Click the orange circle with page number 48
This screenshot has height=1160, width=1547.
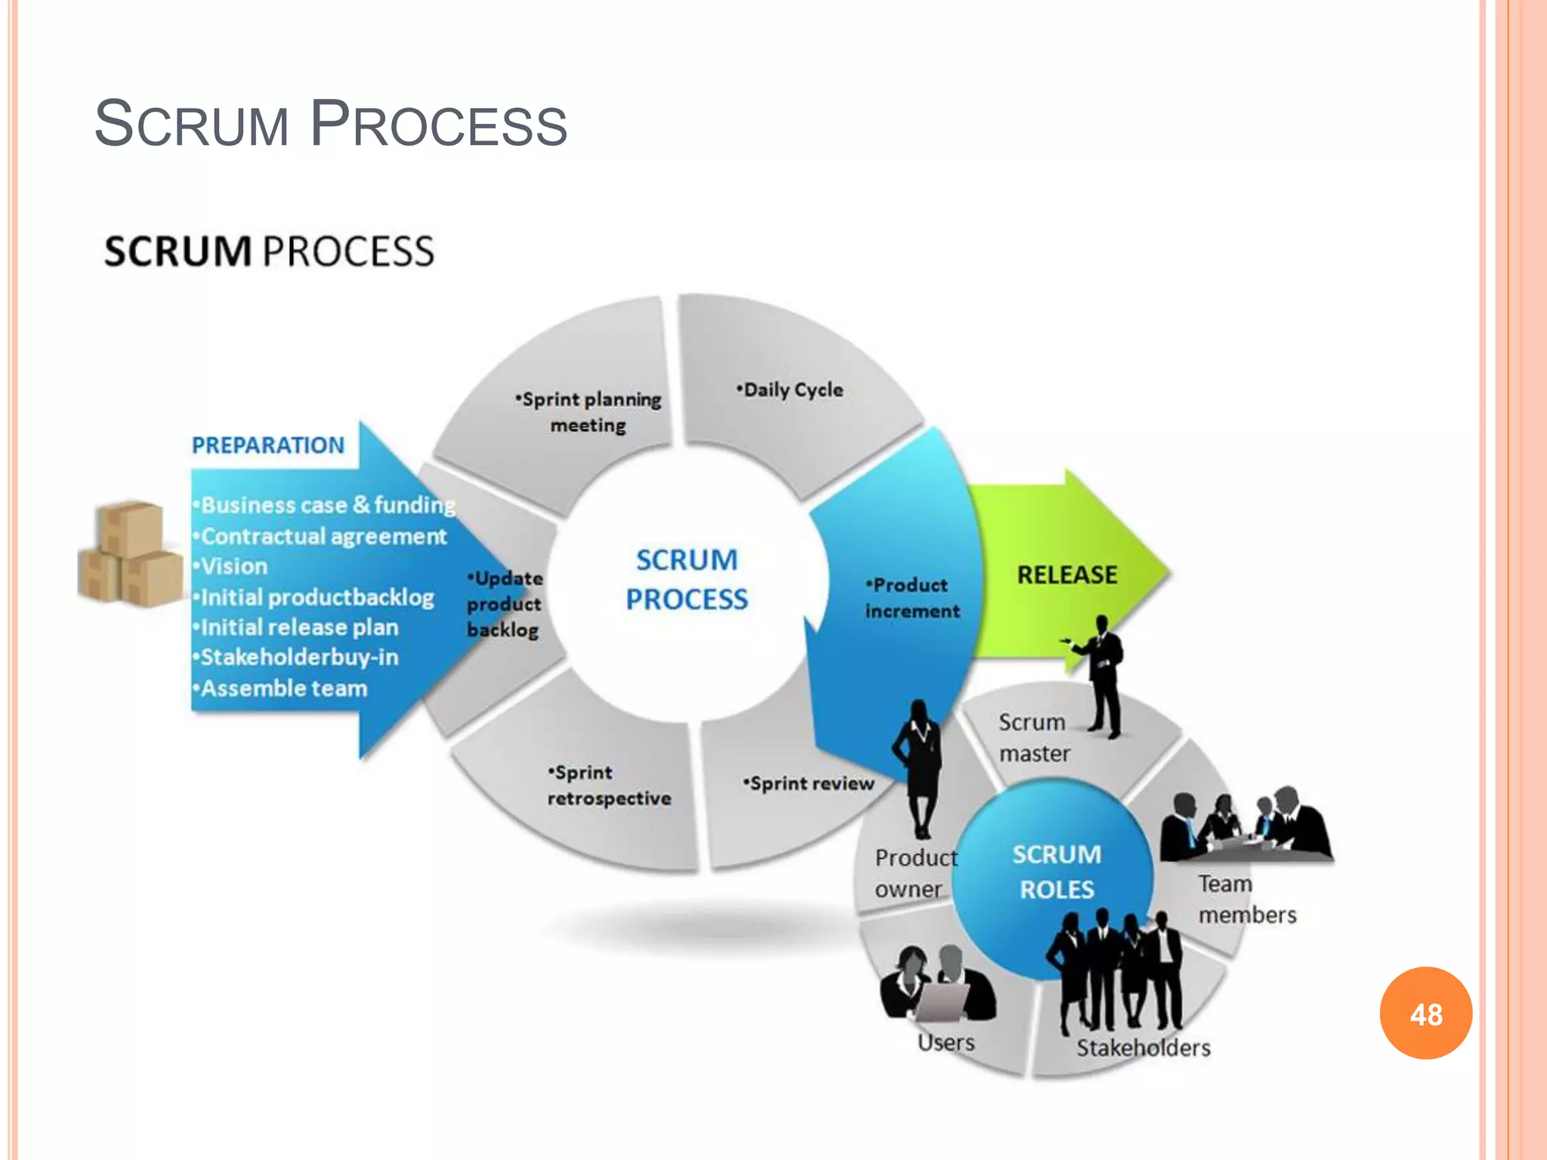pos(1425,1013)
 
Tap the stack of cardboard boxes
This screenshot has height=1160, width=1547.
pos(130,554)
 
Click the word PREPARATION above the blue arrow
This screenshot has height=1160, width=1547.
pos(267,446)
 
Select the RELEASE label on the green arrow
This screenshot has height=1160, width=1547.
pos(1067,575)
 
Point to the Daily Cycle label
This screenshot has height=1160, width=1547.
pos(790,390)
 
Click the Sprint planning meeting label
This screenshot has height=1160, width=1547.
pos(589,412)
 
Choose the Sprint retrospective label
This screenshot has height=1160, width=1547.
pos(608,785)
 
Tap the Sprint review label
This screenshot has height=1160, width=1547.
pos(808,784)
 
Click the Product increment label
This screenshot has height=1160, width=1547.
pos(912,597)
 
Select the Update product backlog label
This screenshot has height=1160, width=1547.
pos(505,604)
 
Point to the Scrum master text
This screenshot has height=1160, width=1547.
pos(1034,738)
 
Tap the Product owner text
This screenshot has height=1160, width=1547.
pos(915,873)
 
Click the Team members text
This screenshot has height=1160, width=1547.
pos(1246,899)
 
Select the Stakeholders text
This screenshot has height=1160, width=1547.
pos(1143,1048)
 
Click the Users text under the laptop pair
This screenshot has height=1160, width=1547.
pos(946,1043)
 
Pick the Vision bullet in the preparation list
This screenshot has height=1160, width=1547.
pos(233,566)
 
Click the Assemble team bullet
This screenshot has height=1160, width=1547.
pos(283,689)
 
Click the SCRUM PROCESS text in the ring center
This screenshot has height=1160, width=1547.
pos(687,579)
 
